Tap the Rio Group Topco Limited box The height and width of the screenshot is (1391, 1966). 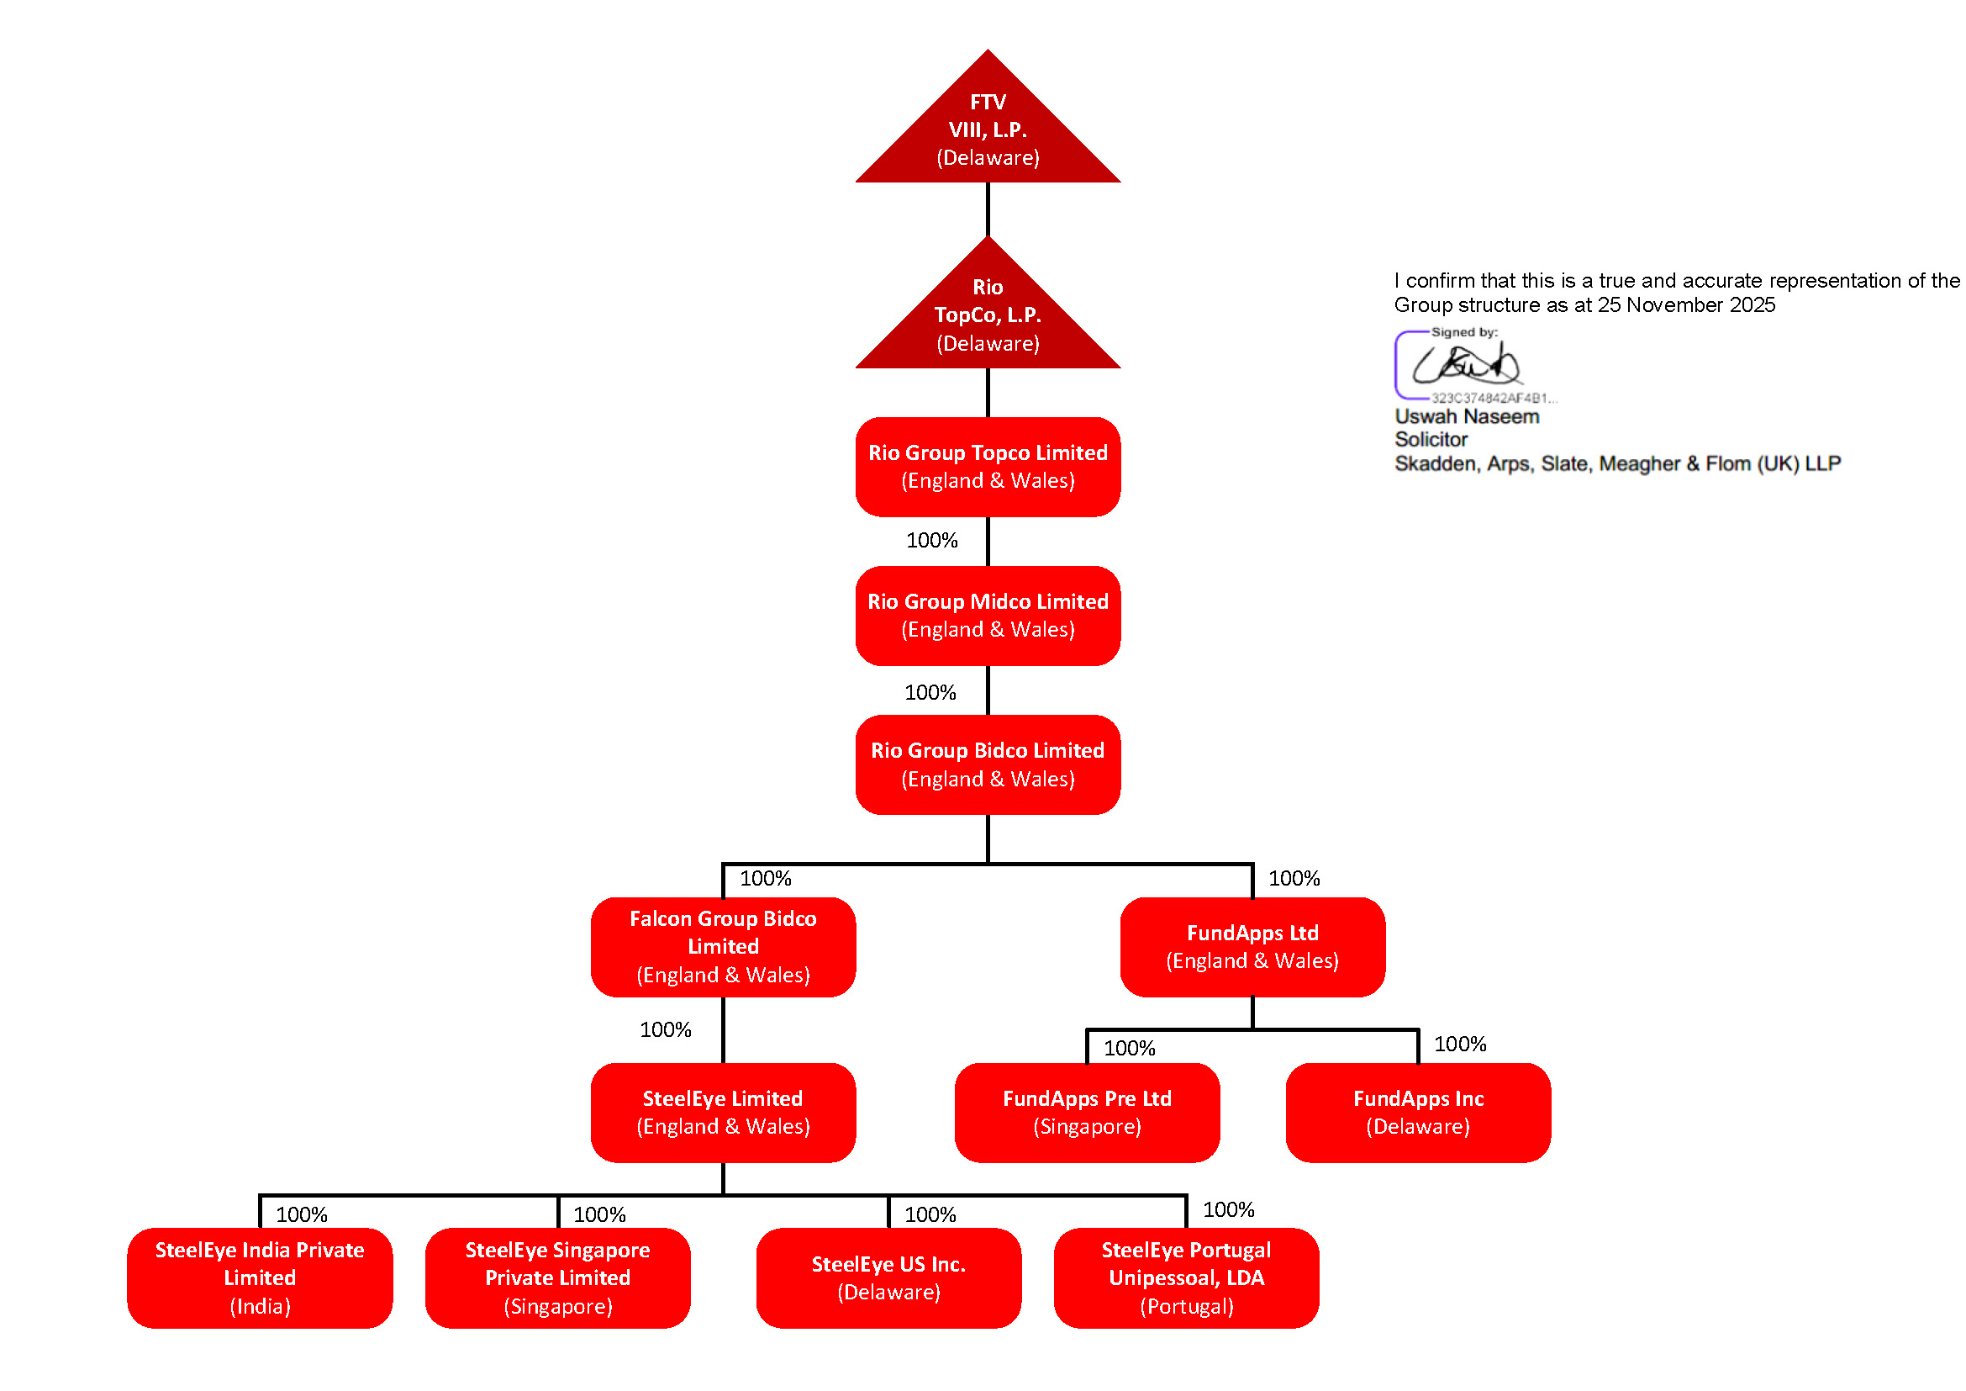tap(988, 467)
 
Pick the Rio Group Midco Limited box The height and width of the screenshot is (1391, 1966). tap(988, 616)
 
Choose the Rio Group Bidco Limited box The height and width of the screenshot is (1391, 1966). tap(988, 764)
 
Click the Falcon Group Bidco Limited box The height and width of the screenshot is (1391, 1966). tap(723, 947)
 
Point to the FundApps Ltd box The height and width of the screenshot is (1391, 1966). tap(1252, 947)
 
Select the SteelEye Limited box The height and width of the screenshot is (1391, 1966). tap(723, 1113)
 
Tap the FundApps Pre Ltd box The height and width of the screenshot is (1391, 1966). tap(1087, 1113)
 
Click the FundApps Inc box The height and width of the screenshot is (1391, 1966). tap(1418, 1113)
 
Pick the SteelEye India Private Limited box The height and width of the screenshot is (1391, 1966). tap(260, 1278)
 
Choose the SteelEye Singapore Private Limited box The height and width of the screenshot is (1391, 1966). tap(557, 1278)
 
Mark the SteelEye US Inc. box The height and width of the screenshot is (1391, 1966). tap(888, 1278)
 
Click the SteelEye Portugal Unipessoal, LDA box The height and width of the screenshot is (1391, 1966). tap(1186, 1278)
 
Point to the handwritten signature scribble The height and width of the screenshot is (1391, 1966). tap(1465, 366)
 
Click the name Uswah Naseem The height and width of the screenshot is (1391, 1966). tap(1467, 417)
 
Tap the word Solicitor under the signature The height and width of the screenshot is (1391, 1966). tap(1431, 440)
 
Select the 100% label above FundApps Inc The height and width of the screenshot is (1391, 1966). tap(1460, 1045)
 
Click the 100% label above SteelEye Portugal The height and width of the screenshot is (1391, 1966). tap(1228, 1210)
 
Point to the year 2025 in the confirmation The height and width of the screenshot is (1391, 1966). tap(1752, 306)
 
